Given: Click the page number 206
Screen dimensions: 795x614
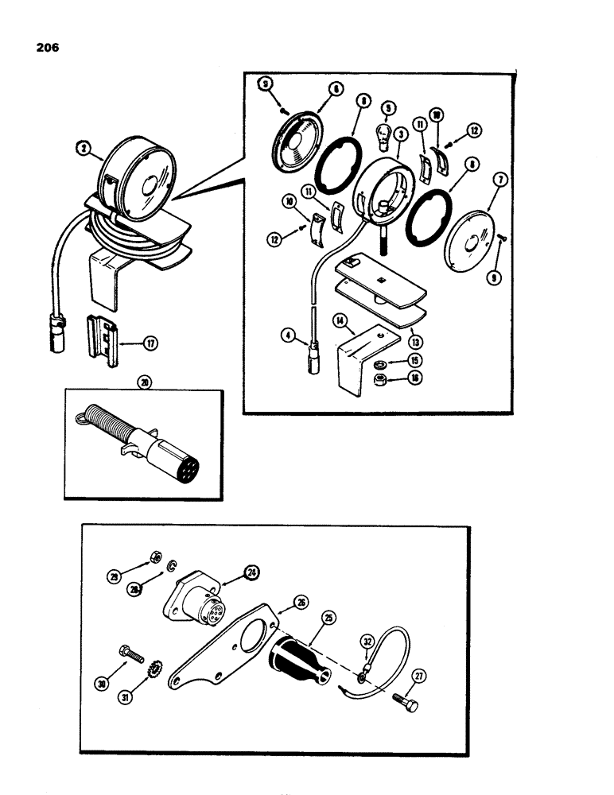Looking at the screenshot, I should pyautogui.click(x=47, y=47).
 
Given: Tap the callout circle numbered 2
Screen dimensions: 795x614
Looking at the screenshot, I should pyautogui.click(x=82, y=146).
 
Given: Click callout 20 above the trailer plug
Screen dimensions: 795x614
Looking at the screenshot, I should pyautogui.click(x=143, y=382).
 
